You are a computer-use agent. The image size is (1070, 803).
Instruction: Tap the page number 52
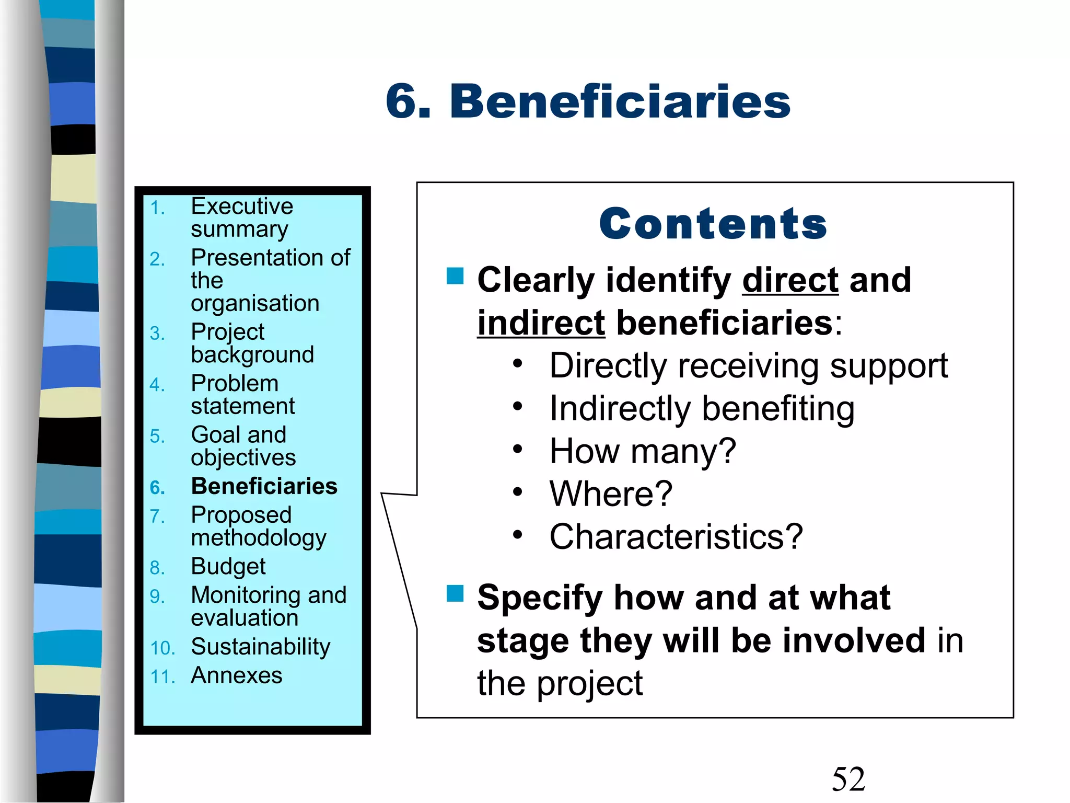tap(848, 779)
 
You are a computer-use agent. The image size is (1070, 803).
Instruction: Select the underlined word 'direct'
tap(790, 280)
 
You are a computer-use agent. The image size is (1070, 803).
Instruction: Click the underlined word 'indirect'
tap(541, 323)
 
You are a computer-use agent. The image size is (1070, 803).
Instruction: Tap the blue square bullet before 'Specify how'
tap(455, 594)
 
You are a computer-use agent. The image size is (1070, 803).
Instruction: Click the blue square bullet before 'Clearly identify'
tap(455, 276)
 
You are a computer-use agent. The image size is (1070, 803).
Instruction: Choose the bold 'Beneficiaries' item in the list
tap(264, 486)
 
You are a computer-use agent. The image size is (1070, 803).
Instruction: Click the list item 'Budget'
tap(228, 567)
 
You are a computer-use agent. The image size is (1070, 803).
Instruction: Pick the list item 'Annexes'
tap(236, 675)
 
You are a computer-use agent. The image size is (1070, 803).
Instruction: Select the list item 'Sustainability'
tap(260, 647)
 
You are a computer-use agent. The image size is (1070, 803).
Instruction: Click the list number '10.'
tap(162, 648)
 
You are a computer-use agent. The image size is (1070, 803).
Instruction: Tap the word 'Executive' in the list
tap(242, 206)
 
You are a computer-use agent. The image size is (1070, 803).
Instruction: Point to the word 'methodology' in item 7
tap(259, 538)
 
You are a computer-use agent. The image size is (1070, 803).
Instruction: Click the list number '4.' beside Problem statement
tap(157, 385)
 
